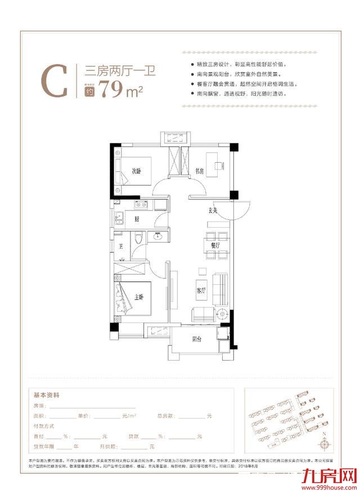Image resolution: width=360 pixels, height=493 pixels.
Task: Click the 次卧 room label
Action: click(x=137, y=171)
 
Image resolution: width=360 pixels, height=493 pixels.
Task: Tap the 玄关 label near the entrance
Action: click(x=213, y=210)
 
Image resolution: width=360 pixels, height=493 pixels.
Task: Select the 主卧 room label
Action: click(x=140, y=297)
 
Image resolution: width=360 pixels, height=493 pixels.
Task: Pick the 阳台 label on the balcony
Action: click(x=197, y=339)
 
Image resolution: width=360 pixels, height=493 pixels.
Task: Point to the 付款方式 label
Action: click(x=46, y=425)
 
